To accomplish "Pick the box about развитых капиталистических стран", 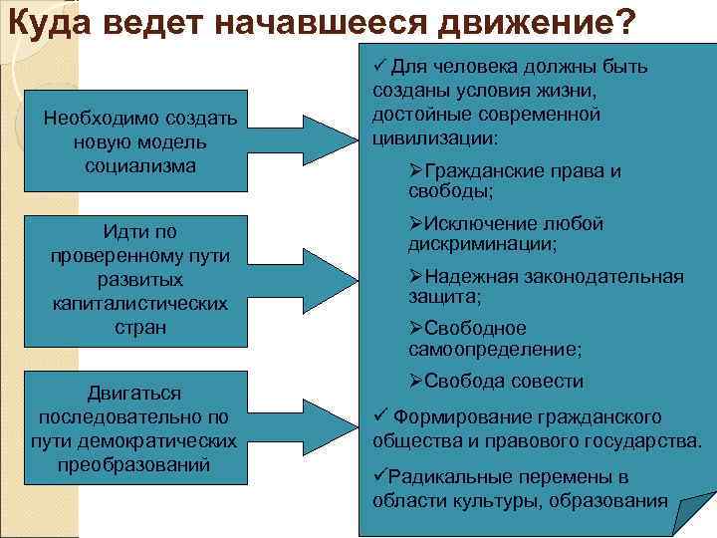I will click(x=140, y=280).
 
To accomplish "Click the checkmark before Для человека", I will click(x=379, y=67).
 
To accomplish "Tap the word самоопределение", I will click(x=494, y=349).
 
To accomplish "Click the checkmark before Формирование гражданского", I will click(x=379, y=415).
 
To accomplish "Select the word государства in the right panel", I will click(x=643, y=439).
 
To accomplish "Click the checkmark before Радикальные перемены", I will click(x=378, y=475).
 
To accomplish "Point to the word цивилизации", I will click(x=434, y=137).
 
